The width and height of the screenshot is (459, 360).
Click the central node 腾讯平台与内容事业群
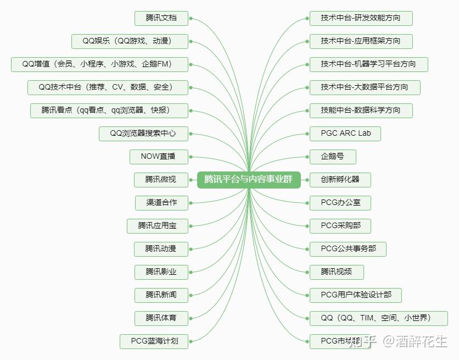249,180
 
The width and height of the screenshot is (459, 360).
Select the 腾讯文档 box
161,18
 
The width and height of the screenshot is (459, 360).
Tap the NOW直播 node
158,157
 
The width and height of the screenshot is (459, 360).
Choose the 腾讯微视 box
161,180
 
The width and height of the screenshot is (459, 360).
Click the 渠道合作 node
161,203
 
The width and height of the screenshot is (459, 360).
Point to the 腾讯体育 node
161,318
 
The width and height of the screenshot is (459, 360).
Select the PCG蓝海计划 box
154,341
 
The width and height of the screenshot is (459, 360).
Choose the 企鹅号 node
333,157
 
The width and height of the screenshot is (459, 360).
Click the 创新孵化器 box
340,180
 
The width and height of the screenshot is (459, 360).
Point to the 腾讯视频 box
337,272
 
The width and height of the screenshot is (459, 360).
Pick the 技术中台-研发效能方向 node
361,18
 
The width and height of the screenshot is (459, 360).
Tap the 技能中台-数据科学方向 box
361,110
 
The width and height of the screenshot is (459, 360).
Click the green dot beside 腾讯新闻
191,295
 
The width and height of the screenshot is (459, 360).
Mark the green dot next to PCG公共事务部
307,249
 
